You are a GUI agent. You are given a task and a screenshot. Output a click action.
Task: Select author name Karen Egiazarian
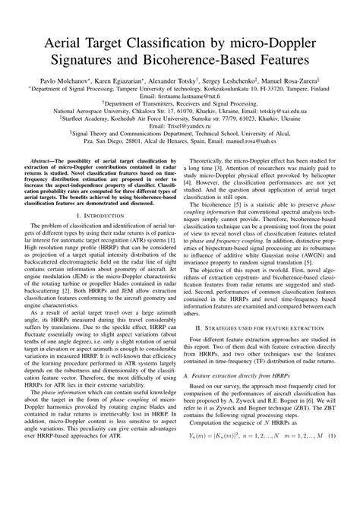[122, 79]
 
